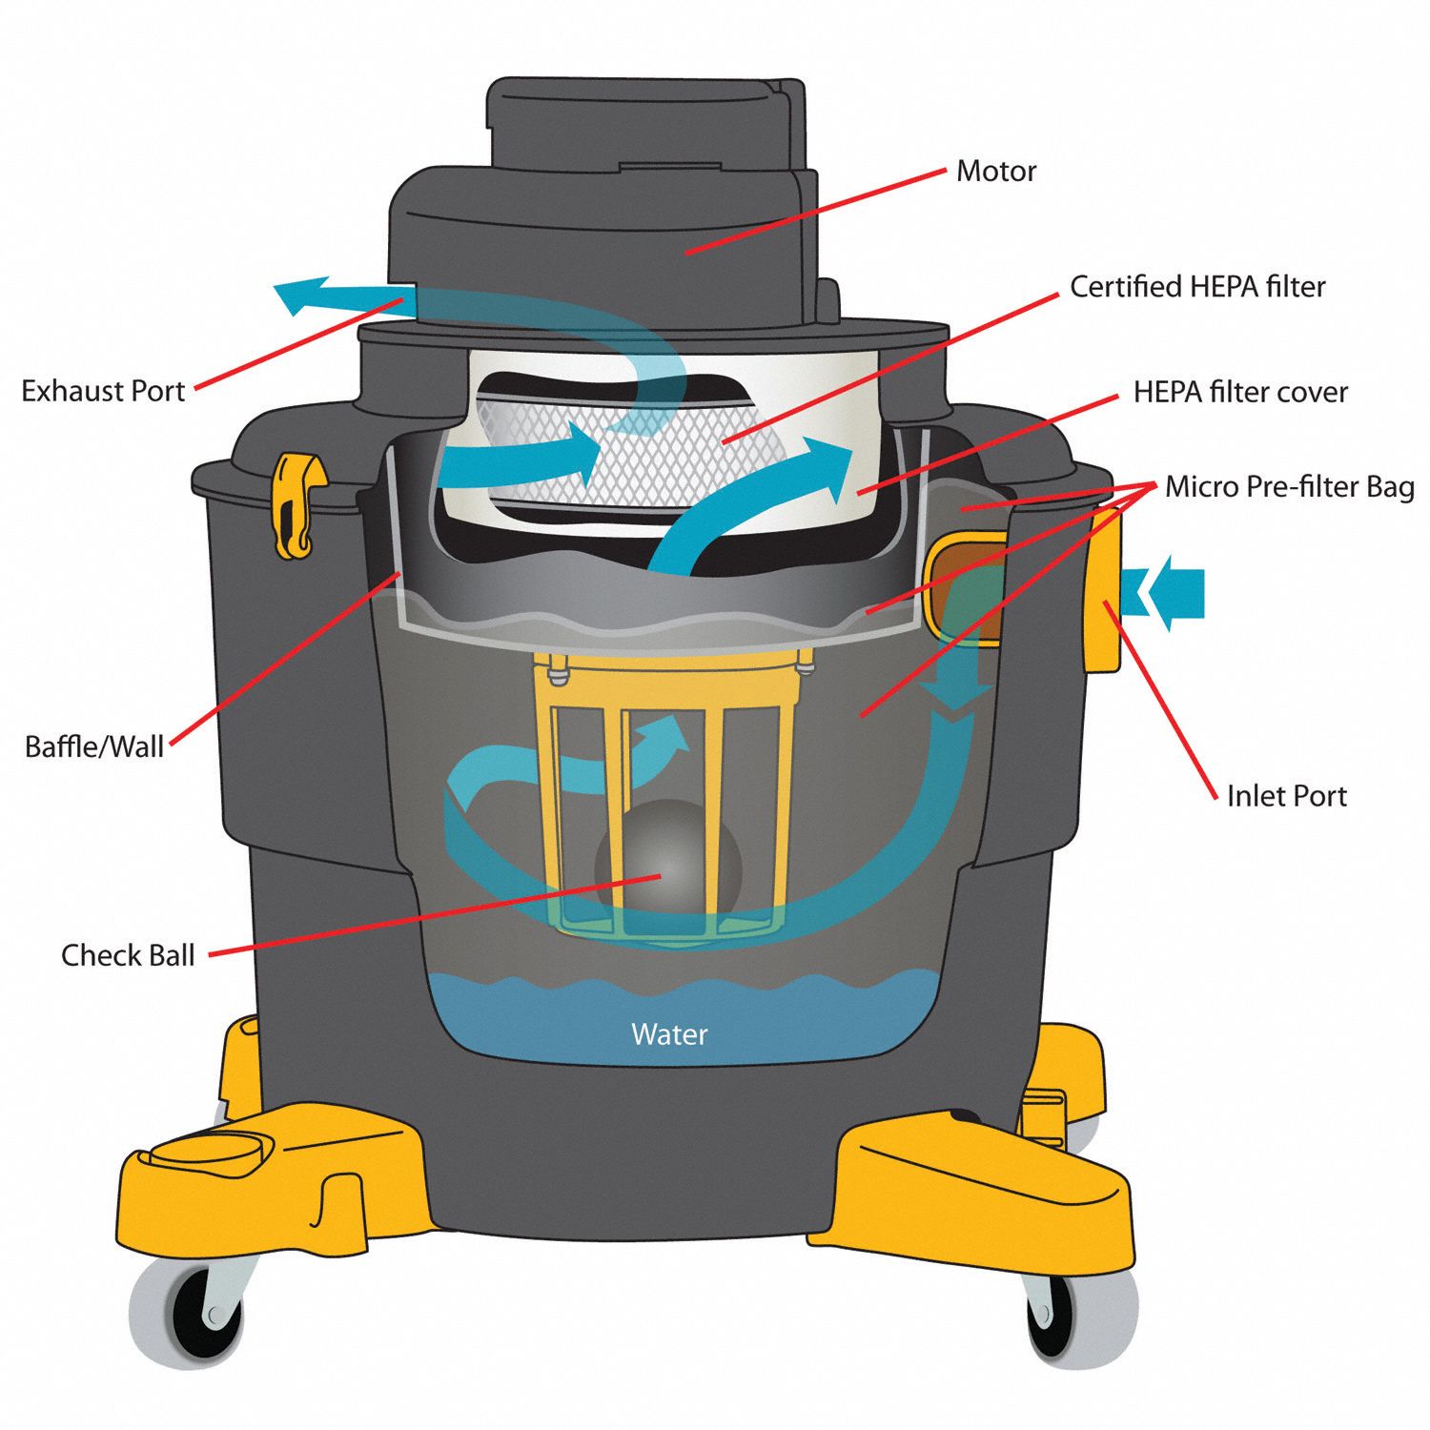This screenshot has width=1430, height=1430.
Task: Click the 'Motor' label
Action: (x=995, y=172)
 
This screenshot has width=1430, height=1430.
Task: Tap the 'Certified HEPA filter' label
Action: (x=1196, y=287)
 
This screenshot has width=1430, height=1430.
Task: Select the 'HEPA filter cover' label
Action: (x=1239, y=392)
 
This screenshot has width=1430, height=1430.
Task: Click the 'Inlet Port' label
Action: (x=1286, y=796)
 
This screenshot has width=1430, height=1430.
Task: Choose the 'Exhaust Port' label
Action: (x=103, y=391)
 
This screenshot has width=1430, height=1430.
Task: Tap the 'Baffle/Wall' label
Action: (x=94, y=746)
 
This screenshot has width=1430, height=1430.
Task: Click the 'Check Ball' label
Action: (x=128, y=955)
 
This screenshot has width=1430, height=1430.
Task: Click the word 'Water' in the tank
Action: (x=669, y=1034)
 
